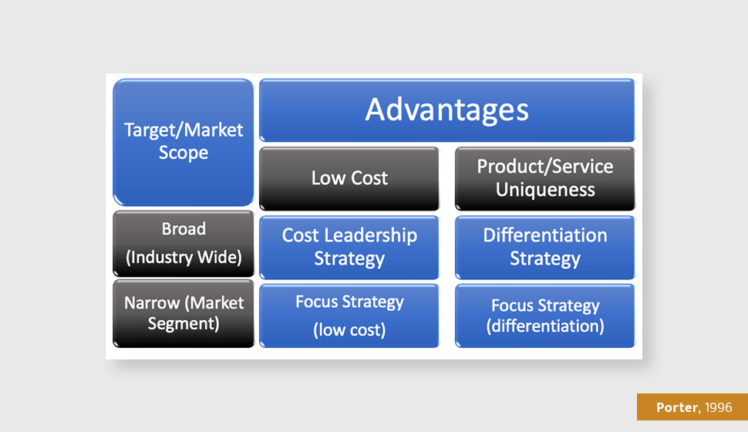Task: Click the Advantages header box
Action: tap(447, 110)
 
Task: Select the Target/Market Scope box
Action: tap(184, 142)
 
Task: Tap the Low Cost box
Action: tap(349, 178)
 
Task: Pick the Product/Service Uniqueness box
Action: tap(545, 178)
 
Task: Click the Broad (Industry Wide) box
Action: tap(184, 244)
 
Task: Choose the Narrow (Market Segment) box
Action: tap(184, 313)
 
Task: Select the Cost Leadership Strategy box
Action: tap(349, 248)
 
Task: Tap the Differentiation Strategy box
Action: tap(545, 248)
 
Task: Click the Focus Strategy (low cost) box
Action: tap(349, 316)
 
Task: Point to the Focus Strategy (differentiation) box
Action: tap(545, 316)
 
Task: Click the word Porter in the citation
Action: tap(677, 407)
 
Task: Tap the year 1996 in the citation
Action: tap(718, 407)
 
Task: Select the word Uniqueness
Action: tap(545, 190)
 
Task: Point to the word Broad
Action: tap(184, 229)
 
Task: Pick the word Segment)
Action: tap(184, 324)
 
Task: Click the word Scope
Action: tap(184, 154)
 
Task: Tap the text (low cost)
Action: tap(349, 330)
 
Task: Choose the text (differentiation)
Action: tap(545, 326)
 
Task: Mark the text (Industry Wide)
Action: tap(184, 258)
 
